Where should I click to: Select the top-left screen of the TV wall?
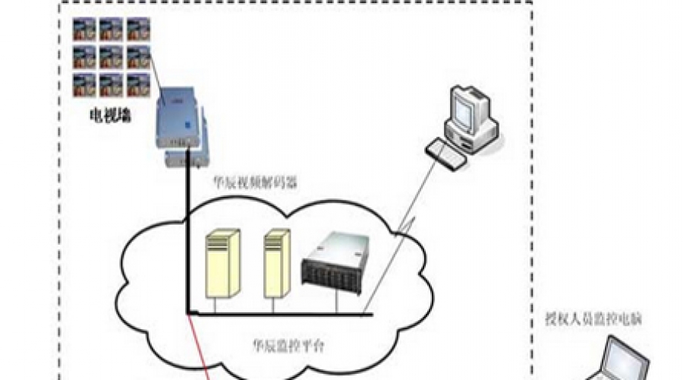[83, 30]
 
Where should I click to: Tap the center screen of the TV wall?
[110, 57]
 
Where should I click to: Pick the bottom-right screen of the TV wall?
[137, 84]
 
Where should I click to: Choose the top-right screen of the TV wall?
[137, 30]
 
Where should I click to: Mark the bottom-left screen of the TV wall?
[83, 84]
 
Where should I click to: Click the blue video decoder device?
[181, 129]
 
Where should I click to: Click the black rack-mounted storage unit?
[335, 262]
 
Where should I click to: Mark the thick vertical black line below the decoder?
[186, 243]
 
